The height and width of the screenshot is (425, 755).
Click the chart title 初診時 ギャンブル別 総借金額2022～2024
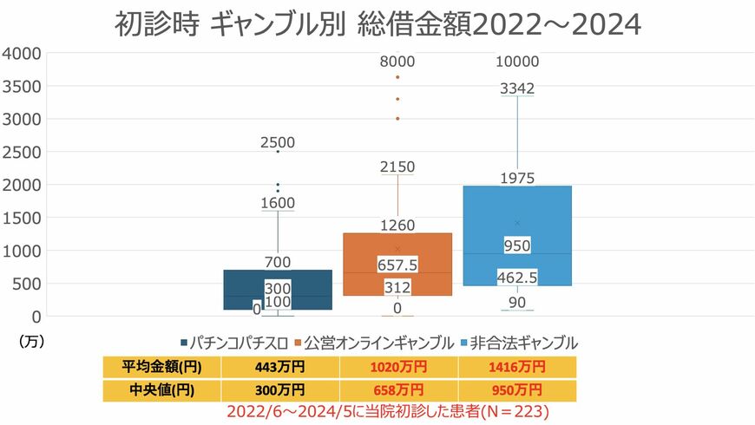377,23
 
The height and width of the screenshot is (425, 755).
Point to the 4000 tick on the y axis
23,53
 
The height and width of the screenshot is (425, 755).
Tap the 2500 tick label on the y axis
23,152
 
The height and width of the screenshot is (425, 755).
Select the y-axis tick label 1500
23,218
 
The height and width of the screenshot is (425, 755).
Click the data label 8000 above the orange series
397,62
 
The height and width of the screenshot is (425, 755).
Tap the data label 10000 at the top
516,62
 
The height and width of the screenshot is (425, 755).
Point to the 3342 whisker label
516,88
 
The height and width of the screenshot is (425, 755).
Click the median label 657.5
397,264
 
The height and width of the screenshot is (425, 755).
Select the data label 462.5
516,278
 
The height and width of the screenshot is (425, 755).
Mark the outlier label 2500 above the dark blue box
277,143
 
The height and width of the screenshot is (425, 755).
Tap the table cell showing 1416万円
516,368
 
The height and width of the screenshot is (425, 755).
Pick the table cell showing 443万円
279,368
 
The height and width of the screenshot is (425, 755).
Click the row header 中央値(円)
162,390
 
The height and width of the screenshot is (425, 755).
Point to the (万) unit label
30,342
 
